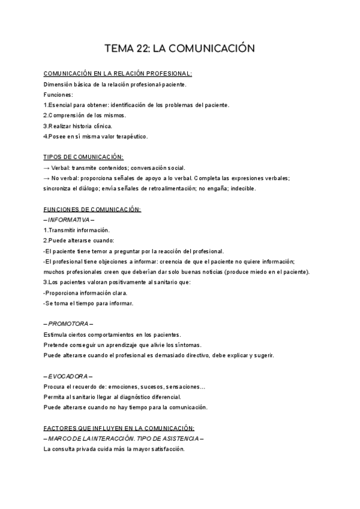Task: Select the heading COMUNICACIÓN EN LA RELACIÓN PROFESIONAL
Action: (118, 74)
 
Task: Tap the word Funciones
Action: (58, 95)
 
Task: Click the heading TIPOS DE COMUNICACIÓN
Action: (83, 157)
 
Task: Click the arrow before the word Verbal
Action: (47, 167)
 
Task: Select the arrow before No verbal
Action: (47, 178)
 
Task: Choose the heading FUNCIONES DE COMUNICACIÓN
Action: (92, 209)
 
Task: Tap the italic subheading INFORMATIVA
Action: (69, 220)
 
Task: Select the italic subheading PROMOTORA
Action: (68, 324)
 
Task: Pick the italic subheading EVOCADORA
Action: (68, 376)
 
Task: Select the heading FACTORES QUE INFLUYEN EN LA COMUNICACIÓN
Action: (119, 429)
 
